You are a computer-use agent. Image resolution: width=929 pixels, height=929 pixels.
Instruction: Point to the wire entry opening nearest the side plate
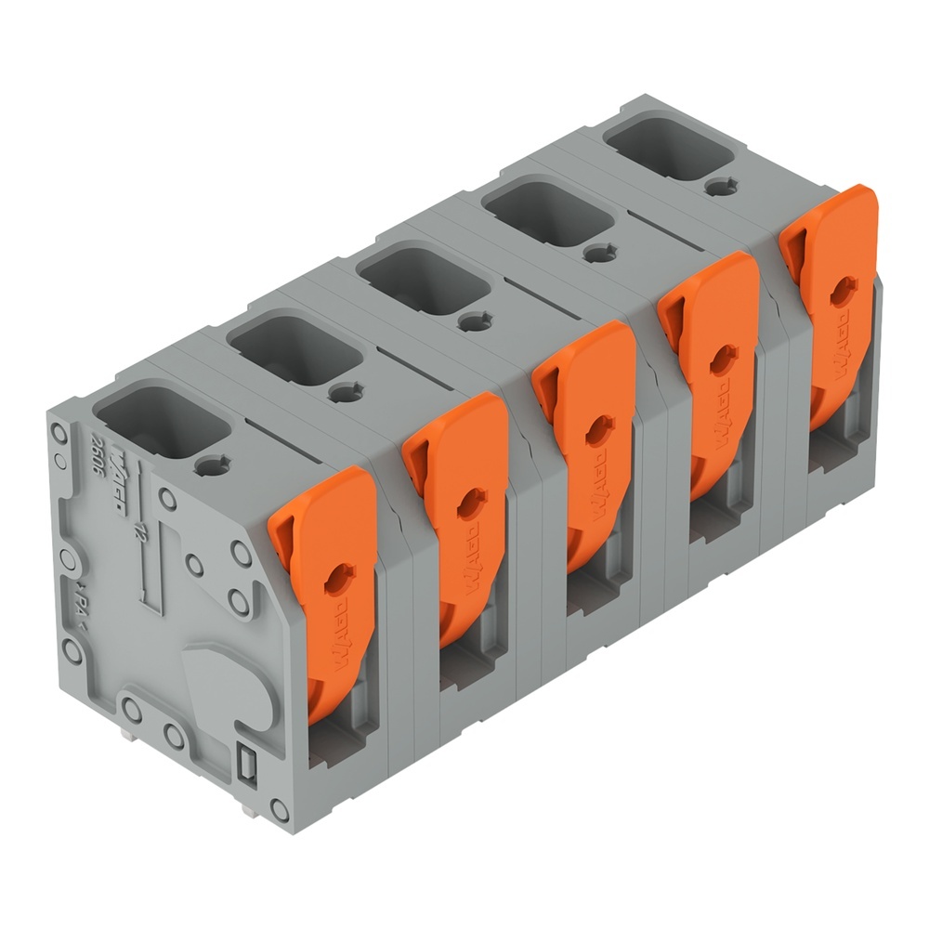coord(162,423)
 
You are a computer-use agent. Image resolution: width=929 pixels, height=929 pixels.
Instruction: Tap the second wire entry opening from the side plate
coord(293,350)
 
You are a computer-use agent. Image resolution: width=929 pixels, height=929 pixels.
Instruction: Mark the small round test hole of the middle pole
coord(474,321)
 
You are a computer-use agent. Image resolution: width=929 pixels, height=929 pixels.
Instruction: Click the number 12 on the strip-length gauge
coord(139,531)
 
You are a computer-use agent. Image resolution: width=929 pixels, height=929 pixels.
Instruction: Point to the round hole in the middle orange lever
coord(595,429)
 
